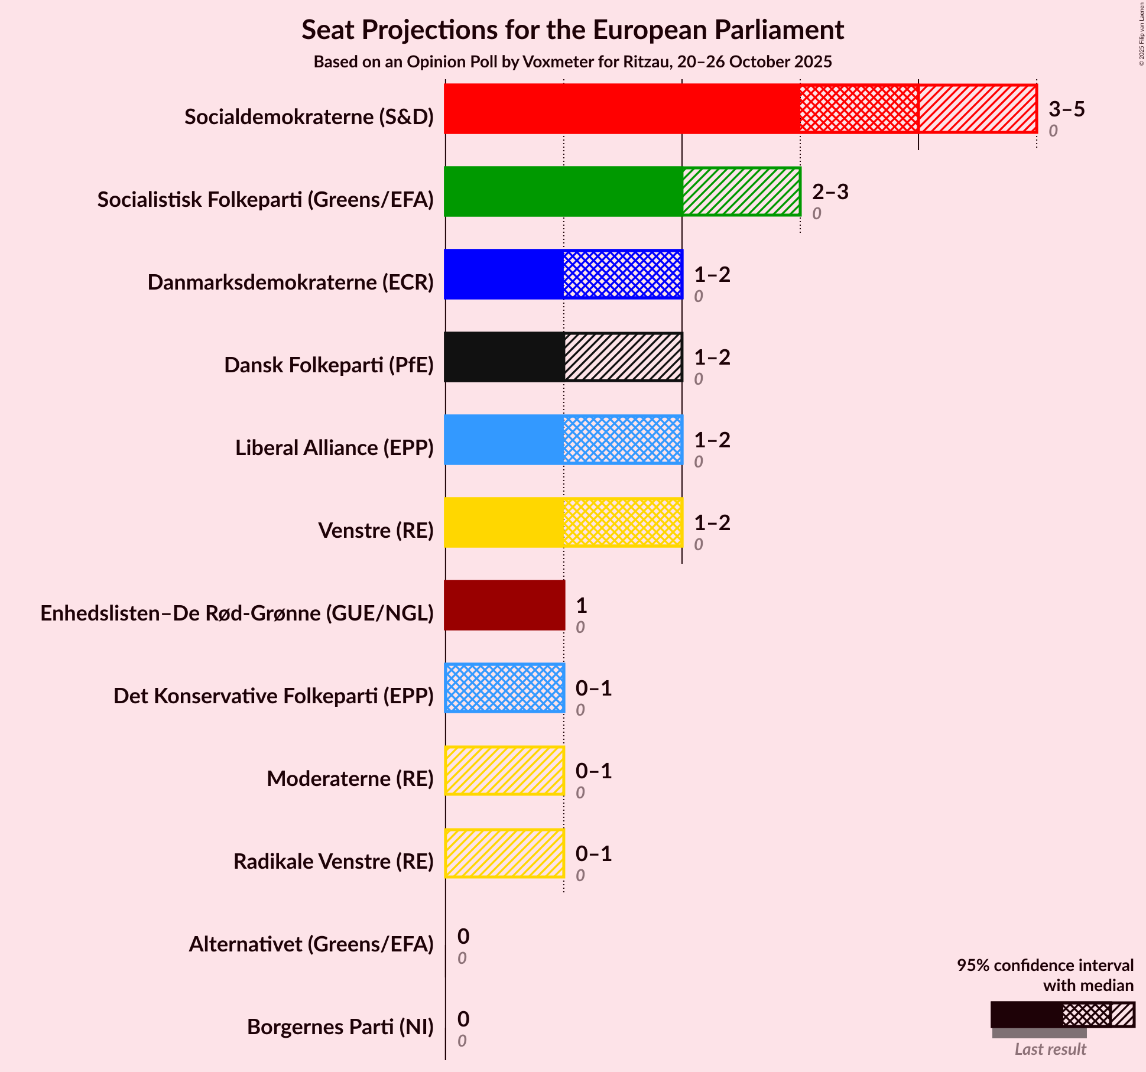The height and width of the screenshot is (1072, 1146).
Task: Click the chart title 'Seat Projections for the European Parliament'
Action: (572, 30)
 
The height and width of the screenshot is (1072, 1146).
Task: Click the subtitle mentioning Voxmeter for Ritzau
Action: (572, 62)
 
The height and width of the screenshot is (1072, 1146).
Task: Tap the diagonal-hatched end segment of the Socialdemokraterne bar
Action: (977, 109)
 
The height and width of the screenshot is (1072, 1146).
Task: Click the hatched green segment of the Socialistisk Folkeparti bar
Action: (741, 191)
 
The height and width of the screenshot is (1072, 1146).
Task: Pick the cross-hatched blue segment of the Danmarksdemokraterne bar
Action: (622, 274)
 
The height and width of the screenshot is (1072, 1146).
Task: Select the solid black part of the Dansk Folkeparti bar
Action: (504, 357)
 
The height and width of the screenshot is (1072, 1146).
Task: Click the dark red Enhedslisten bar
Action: (504, 605)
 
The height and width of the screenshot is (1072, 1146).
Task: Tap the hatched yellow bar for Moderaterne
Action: (504, 771)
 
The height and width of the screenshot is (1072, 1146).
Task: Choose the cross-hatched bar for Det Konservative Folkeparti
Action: (504, 688)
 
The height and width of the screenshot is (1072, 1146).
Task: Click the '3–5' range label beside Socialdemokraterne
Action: (1066, 109)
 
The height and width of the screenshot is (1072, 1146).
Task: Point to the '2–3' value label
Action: (830, 191)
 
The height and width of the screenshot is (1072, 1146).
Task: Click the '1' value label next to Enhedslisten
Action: (581, 605)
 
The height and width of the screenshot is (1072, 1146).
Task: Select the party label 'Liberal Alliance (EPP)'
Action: (335, 448)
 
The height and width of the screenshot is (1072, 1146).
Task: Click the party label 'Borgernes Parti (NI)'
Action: (340, 1027)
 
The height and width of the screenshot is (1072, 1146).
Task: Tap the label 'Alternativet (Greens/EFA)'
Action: (311, 944)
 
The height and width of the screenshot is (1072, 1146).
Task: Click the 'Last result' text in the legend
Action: (1050, 1049)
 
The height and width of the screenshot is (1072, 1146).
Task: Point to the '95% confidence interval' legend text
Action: (1045, 966)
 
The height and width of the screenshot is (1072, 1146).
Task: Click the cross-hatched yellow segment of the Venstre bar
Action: (622, 522)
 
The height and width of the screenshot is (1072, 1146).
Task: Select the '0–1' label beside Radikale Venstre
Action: (593, 853)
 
